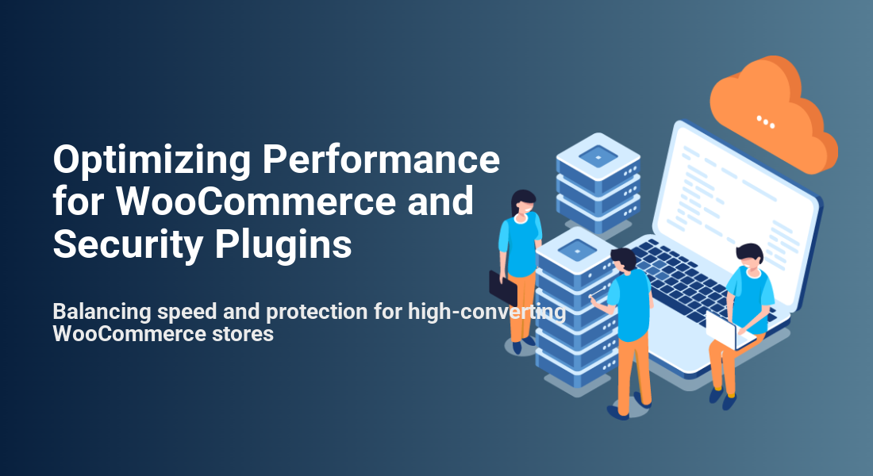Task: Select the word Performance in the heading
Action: pyautogui.click(x=381, y=159)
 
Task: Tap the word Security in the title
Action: pyautogui.click(x=128, y=245)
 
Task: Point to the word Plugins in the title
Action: pyautogui.click(x=283, y=245)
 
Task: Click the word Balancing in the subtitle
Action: pyautogui.click(x=102, y=312)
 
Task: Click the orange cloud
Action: pyautogui.click(x=775, y=114)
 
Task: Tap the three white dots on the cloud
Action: pyautogui.click(x=766, y=121)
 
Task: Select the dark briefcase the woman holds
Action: pyautogui.click(x=502, y=288)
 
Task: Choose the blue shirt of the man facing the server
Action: pyautogui.click(x=631, y=303)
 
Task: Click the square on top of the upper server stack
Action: pyautogui.click(x=598, y=156)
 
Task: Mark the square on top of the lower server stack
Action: pyautogui.click(x=577, y=251)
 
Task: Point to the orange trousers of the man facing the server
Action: pyautogui.click(x=633, y=370)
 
